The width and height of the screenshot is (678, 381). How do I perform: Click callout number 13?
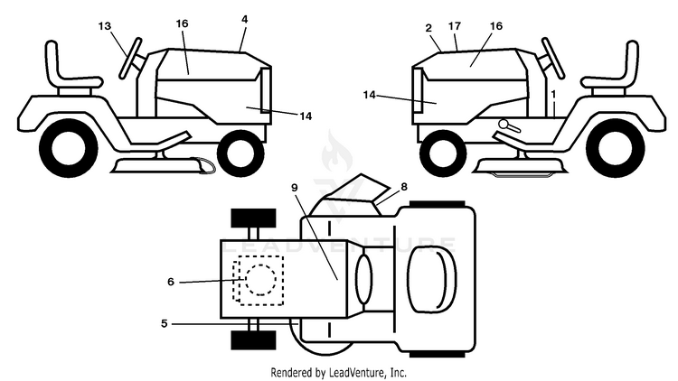pyautogui.click(x=105, y=26)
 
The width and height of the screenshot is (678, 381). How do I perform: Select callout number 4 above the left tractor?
pyautogui.click(x=245, y=20)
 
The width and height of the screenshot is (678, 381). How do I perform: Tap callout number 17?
pyautogui.click(x=455, y=26)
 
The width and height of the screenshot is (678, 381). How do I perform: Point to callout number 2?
pyautogui.click(x=428, y=28)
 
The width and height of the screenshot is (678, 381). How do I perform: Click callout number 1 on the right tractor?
pyautogui.click(x=553, y=94)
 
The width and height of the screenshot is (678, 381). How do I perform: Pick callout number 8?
pyautogui.click(x=404, y=187)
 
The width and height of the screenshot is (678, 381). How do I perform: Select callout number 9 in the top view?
pyautogui.click(x=295, y=188)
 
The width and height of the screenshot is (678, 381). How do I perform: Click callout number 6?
pyautogui.click(x=171, y=282)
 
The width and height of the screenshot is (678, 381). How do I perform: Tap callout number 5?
pyautogui.click(x=164, y=323)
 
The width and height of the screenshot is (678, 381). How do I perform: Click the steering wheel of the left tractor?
pyautogui.click(x=130, y=59)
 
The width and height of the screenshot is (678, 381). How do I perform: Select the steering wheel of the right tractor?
pyautogui.click(x=553, y=59)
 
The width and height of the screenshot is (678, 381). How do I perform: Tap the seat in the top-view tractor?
pyautogui.click(x=431, y=279)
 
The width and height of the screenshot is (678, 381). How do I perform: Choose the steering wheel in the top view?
pyautogui.click(x=363, y=279)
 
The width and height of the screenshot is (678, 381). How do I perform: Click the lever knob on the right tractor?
pyautogui.click(x=504, y=124)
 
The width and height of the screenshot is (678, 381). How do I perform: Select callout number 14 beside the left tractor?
pyautogui.click(x=306, y=116)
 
